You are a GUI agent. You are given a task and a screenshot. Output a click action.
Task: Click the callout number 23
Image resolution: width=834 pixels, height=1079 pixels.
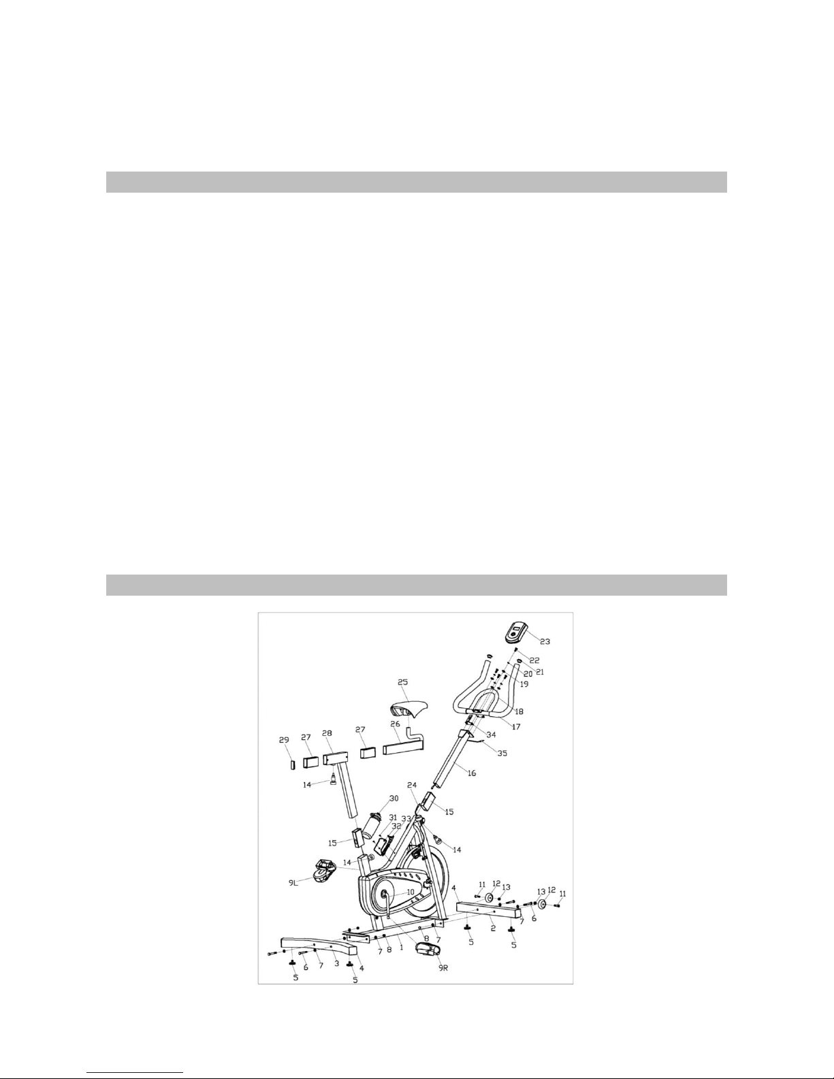[x=545, y=641]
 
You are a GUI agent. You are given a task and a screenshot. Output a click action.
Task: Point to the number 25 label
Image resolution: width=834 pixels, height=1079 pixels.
[x=402, y=682]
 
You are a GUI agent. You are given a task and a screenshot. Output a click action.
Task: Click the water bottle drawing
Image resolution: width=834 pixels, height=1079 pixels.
[x=371, y=826]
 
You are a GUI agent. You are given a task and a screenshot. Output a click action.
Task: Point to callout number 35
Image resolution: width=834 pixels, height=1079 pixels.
[x=502, y=754]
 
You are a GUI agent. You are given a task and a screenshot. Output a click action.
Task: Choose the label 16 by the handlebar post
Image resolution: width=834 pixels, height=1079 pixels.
[x=472, y=773]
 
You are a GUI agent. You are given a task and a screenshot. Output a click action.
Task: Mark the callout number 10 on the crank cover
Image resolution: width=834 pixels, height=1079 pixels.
[x=410, y=892]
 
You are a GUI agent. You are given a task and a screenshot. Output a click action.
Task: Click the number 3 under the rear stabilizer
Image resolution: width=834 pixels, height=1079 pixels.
[x=336, y=963]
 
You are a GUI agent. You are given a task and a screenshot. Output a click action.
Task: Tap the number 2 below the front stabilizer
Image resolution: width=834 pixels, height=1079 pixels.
[x=493, y=928]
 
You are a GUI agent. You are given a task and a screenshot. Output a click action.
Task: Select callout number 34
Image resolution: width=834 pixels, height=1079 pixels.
[x=491, y=735]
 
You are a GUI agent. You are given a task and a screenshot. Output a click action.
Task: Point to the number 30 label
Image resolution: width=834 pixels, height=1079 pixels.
[x=394, y=798]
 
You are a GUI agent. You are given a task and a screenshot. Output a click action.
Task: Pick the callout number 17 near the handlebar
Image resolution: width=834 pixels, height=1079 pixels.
[x=516, y=726]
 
